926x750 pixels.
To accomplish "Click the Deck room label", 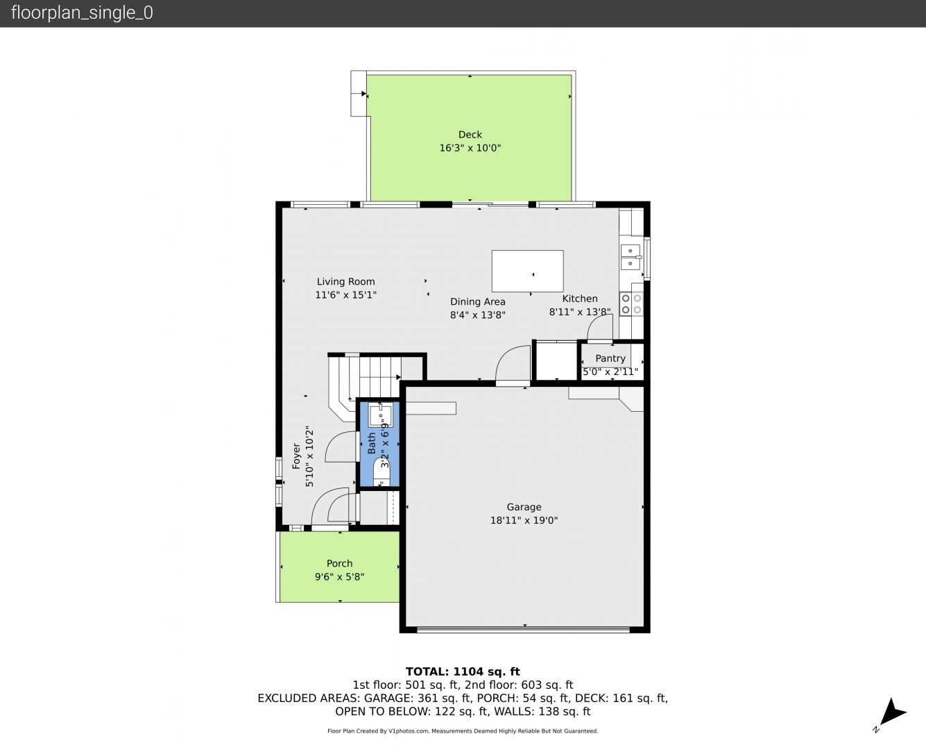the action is tap(470, 135).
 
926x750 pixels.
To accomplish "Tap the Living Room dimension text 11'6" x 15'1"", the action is tap(345, 294).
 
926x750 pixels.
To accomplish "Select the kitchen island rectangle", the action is tap(527, 271).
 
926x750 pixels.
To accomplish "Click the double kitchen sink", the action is tap(631, 257).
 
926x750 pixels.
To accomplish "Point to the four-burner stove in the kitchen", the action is tap(631, 304).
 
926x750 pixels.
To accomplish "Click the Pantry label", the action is tap(610, 358).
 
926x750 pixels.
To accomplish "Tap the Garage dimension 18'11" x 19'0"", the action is tap(524, 520).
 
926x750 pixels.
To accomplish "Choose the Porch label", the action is tap(340, 563).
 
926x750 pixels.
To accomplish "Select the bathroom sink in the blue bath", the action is tap(381, 415).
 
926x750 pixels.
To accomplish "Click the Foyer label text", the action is tap(296, 456).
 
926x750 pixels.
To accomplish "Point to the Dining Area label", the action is tap(477, 301).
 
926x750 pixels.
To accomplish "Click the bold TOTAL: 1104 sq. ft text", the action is tap(463, 672).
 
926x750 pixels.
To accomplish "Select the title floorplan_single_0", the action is tap(82, 12).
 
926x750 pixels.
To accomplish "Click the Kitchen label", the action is tap(579, 299).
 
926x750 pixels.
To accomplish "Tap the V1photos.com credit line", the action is tap(463, 731).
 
